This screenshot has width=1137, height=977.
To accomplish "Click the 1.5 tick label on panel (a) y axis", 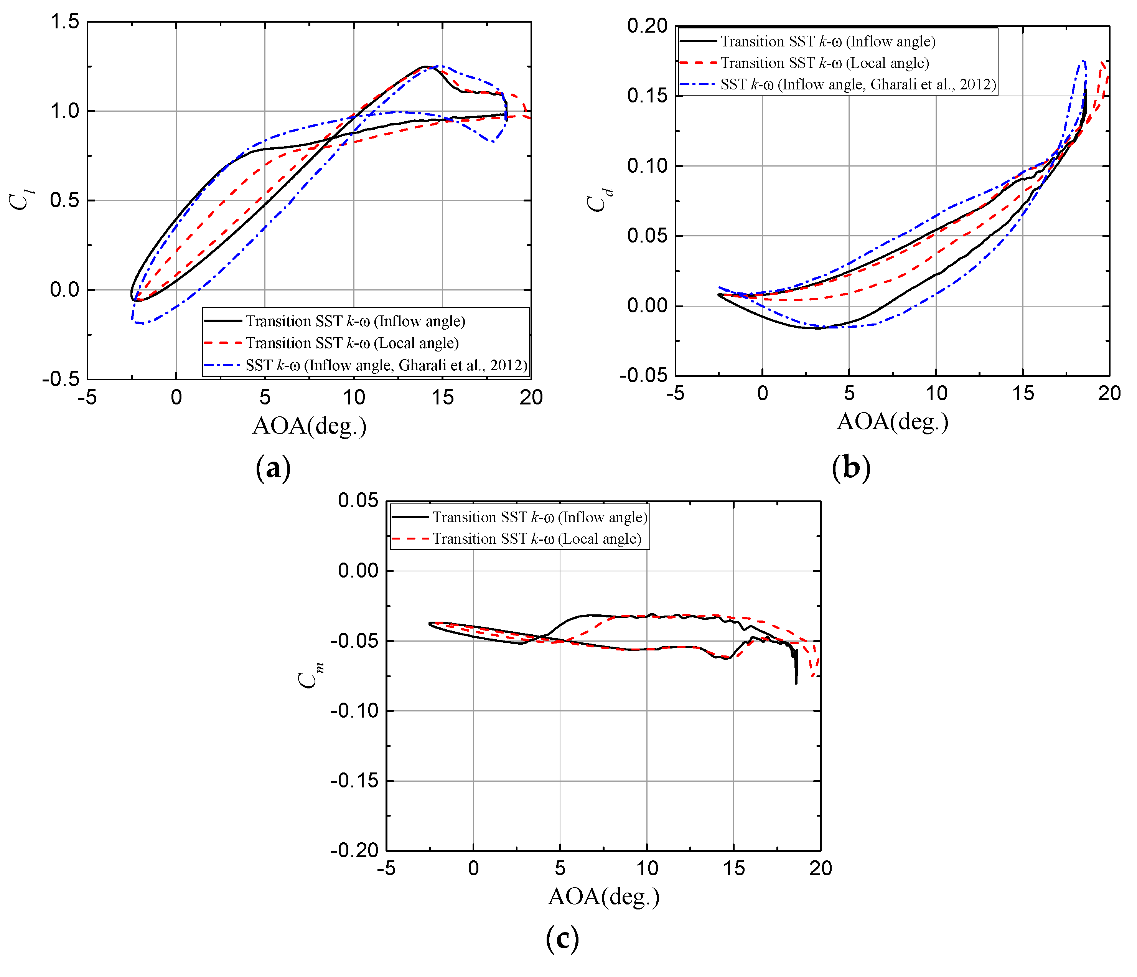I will click(65, 22).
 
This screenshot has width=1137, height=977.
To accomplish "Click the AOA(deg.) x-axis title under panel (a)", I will click(310, 426).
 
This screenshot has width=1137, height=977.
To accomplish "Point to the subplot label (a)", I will click(273, 468).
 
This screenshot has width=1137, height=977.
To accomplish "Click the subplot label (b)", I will click(850, 468).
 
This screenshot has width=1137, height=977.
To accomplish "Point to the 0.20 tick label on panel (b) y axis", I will click(647, 26).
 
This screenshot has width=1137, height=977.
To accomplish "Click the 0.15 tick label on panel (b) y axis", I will click(647, 96).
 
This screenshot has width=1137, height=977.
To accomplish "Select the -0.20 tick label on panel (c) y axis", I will click(354, 851).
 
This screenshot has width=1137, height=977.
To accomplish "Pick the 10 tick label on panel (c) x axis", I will click(647, 868).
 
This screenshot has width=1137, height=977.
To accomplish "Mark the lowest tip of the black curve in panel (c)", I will click(796, 683).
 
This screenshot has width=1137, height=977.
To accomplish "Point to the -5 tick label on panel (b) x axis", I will click(676, 393).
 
